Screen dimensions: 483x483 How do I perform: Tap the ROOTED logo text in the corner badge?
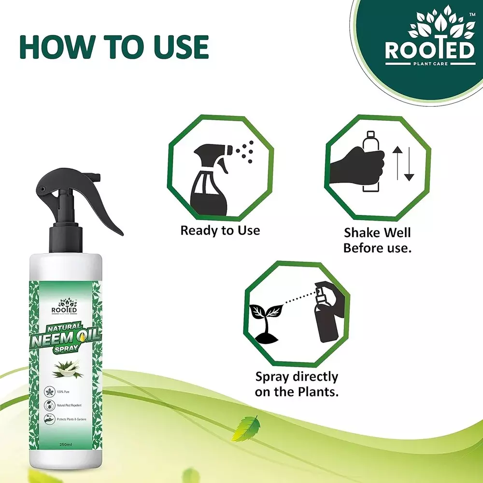pos(429,52)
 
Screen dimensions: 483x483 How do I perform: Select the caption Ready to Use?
pos(220,230)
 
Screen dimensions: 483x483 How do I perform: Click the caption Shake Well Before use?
pos(377,241)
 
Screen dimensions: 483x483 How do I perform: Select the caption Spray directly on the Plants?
pos(297,384)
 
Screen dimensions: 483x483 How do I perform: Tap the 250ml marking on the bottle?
pos(64,457)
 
